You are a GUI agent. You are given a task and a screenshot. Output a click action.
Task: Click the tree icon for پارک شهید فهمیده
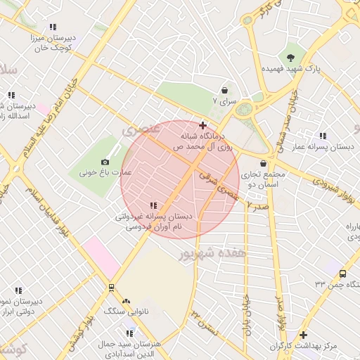(x=290, y=57)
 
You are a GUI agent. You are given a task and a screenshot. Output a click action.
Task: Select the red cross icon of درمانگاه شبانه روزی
(x=203, y=124)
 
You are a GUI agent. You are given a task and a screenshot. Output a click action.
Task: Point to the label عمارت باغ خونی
(x=105, y=172)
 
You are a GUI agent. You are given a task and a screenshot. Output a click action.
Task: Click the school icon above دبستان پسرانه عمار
(x=322, y=136)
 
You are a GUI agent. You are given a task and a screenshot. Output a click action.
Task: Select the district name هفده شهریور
(x=213, y=252)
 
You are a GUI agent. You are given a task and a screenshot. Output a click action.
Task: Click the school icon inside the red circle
(x=153, y=205)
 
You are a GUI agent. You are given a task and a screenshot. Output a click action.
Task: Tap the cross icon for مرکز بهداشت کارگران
(x=303, y=335)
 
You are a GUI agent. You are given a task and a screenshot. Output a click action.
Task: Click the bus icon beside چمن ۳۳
(x=342, y=274)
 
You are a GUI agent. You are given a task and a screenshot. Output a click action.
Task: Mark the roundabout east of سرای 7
(x=244, y=110)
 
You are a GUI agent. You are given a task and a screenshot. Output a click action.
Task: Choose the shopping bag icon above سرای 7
(x=224, y=91)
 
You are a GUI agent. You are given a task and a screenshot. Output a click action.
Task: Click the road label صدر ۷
(x=259, y=207)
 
